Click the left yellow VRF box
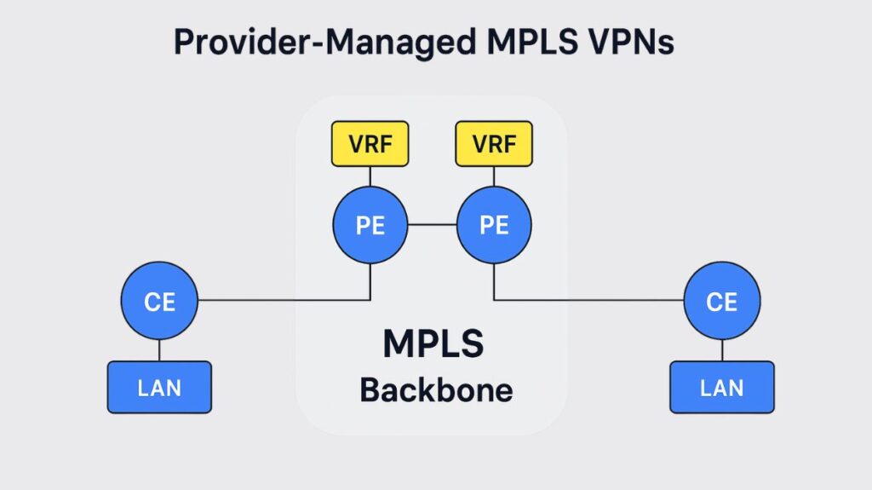click(370, 143)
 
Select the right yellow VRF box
click(494, 143)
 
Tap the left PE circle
click(370, 225)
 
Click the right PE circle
click(494, 225)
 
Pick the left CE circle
click(159, 300)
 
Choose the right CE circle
click(721, 300)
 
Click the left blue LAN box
click(159, 388)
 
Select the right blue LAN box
click(721, 388)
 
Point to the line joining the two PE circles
click(432, 225)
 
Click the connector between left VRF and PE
click(370, 176)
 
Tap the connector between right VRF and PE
click(494, 176)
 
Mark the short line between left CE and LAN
click(159, 349)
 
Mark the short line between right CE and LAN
click(721, 349)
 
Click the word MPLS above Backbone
click(433, 343)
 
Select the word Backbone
click(436, 389)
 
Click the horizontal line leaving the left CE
click(281, 300)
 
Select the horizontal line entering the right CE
click(588, 300)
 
